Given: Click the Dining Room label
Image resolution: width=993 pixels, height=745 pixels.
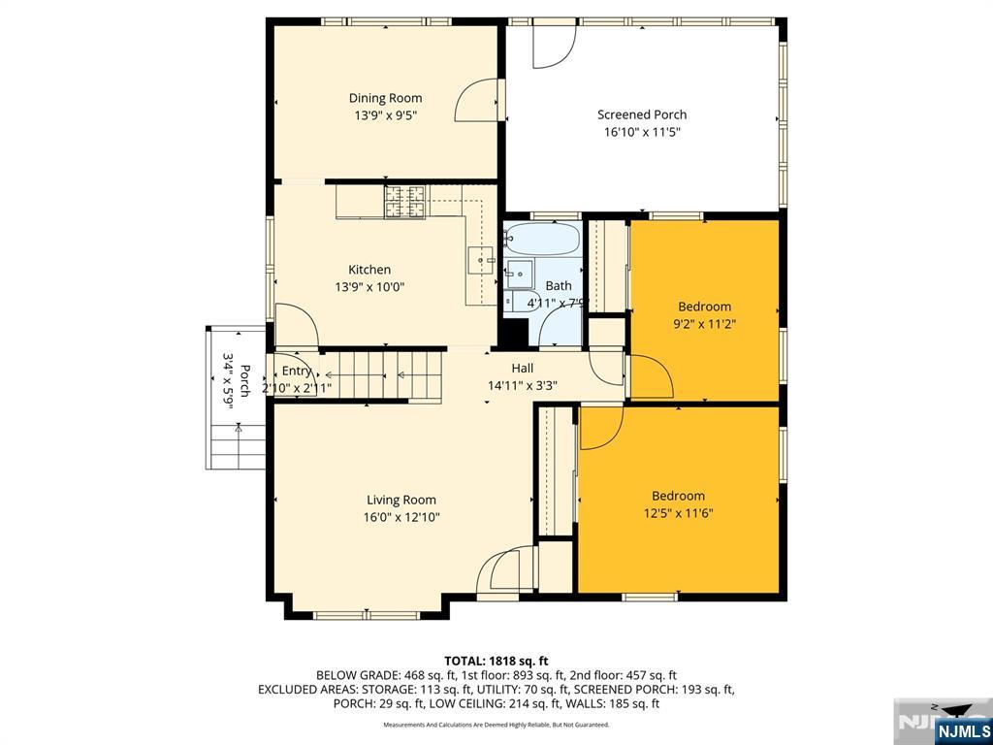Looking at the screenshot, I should pos(385,98).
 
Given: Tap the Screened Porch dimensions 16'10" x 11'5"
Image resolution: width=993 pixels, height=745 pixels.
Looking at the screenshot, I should pos(641,132).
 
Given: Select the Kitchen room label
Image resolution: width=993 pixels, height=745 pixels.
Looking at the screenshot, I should pos(369,270).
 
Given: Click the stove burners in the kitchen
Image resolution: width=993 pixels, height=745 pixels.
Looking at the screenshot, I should pos(405,201).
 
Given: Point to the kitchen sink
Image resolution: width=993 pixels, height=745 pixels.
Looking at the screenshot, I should pos(482,260).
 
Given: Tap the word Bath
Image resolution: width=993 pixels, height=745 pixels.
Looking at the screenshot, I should pos(559,286).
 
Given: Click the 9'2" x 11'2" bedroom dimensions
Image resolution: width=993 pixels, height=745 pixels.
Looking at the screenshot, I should pos(704,325).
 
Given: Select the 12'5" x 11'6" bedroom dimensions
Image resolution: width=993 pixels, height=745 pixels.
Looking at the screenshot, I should pos(678,513).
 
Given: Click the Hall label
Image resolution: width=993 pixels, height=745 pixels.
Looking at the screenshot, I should pos(523,368).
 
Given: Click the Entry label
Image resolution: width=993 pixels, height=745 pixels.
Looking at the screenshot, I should pos(297,372).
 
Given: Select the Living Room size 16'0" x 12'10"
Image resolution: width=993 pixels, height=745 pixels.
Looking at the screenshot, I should pos(401,518).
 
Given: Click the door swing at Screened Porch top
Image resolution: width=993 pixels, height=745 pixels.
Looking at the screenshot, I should pos(553,46).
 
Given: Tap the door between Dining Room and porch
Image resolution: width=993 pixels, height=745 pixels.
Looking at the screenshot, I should pos(480,99).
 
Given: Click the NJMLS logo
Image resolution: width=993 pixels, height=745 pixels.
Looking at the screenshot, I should pos(962,729).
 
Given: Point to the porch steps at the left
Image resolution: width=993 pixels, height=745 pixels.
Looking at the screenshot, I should pos(236,449).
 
